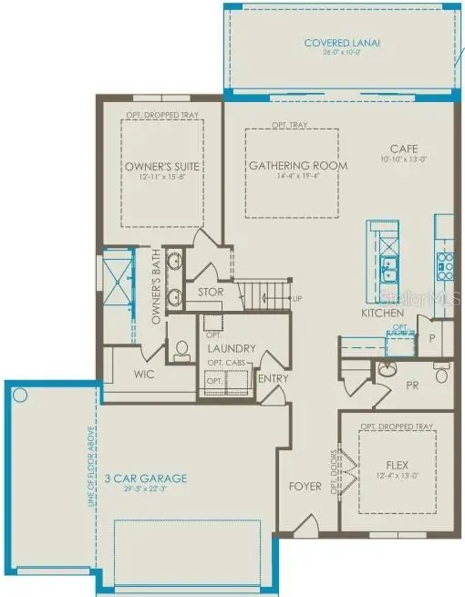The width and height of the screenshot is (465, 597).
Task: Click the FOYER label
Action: pyautogui.click(x=305, y=486)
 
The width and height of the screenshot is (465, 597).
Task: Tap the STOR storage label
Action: pyautogui.click(x=212, y=293)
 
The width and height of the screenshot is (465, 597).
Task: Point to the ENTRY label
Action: pyautogui.click(x=273, y=378)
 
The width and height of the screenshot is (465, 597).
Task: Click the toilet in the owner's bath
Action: pyautogui.click(x=181, y=349)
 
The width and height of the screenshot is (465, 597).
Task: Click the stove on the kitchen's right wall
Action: pyautogui.click(x=445, y=264)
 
